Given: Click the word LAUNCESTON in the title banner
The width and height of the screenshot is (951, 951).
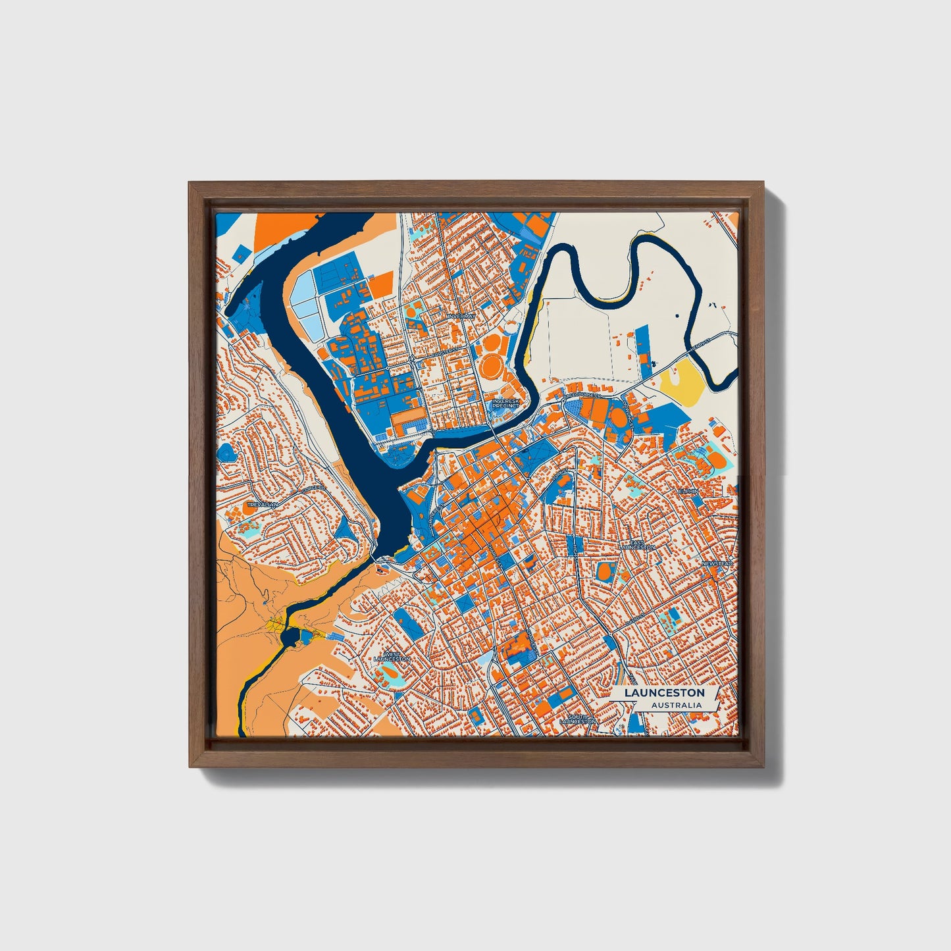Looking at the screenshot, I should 664,693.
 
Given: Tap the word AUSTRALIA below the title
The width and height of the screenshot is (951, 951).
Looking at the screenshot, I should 676,706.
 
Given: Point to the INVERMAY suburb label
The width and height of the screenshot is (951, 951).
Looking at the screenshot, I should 460,317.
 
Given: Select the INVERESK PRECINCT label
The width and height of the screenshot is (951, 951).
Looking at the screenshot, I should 505,403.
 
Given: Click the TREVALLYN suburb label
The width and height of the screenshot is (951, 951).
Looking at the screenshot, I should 263,504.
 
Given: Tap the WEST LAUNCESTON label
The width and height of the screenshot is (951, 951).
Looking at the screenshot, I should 392,656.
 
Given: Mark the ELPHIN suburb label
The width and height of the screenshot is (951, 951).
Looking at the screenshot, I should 688,491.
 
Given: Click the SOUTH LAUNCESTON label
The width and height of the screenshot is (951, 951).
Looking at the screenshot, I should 577,719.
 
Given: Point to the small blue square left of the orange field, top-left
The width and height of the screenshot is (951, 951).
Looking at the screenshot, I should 243,253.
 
